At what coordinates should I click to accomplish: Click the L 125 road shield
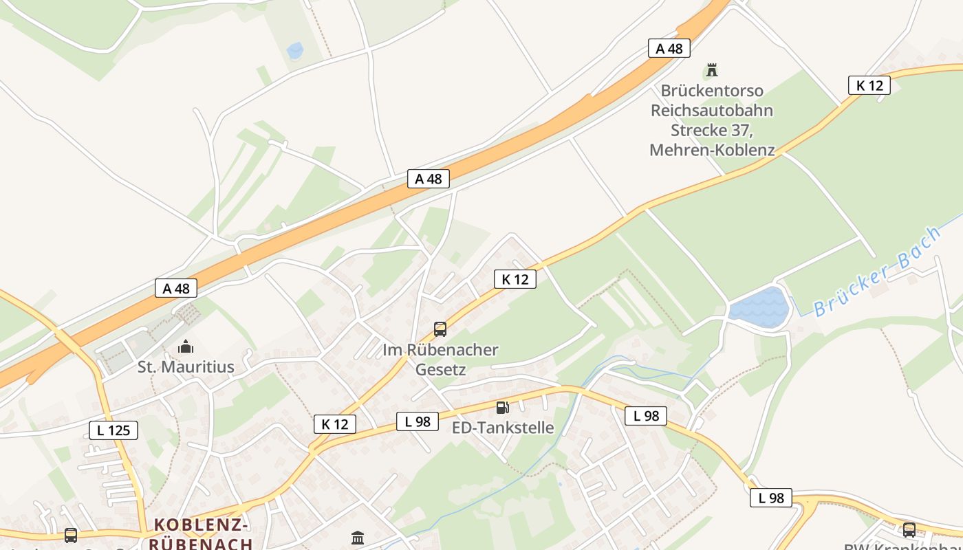tap(113, 431)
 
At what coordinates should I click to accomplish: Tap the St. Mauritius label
tap(186, 367)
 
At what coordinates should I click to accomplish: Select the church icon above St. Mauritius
tap(185, 346)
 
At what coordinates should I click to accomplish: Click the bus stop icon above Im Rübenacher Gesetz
tap(440, 329)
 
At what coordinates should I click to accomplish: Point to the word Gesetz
tap(440, 370)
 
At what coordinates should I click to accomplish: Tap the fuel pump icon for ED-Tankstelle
tap(503, 408)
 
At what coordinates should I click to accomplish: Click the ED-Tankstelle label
tap(503, 428)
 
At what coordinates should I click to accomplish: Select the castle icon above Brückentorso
tap(712, 70)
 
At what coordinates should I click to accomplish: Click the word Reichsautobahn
tap(712, 111)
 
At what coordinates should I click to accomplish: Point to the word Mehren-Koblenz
tap(712, 150)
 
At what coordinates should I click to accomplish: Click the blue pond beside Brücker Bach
tap(759, 305)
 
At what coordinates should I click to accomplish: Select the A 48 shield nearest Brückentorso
tap(669, 48)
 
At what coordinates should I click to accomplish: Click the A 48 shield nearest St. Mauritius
tap(177, 288)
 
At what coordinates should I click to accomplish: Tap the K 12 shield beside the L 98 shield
tap(335, 424)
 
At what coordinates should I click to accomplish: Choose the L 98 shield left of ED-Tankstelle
tap(418, 421)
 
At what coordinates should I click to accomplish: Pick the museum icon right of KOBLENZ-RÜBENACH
tap(358, 538)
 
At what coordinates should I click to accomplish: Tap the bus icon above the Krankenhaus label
tap(909, 529)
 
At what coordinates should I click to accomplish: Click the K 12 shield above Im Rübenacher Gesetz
tap(515, 279)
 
